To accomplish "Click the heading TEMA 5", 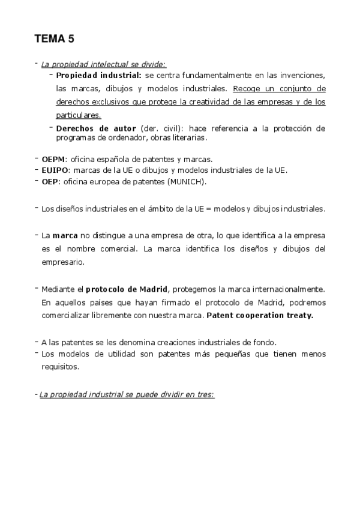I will pyautogui.click(x=54, y=40).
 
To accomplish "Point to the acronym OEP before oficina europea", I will pyautogui.click(x=49, y=181).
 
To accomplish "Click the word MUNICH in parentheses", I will pyautogui.click(x=188, y=181).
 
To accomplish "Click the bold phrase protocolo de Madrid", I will pyautogui.click(x=127, y=289).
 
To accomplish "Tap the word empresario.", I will pyautogui.click(x=63, y=262).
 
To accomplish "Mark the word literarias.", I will pyautogui.click(x=189, y=137).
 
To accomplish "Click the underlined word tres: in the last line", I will pyautogui.click(x=205, y=395).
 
